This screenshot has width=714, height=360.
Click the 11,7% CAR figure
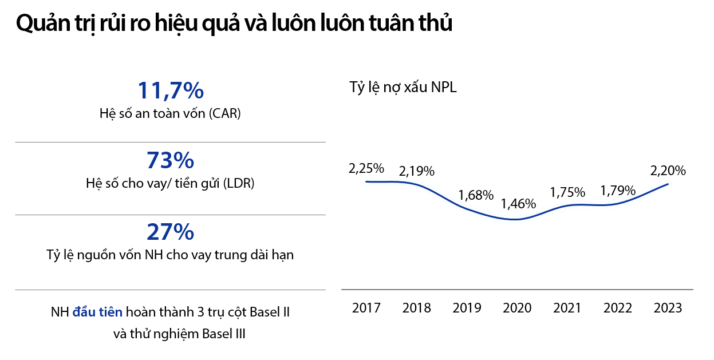pos(170,90)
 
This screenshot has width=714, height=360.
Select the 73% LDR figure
pos(170,161)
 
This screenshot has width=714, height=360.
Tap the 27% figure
pos(170,232)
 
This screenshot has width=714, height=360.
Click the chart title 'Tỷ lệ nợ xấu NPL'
pos(403,88)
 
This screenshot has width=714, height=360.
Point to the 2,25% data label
pos(366,169)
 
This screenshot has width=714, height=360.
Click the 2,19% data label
pos(417,171)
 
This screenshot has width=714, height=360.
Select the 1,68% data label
pos(476,195)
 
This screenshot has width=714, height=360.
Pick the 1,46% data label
pos(518,204)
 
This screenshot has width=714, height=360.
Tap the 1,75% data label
pos(567,192)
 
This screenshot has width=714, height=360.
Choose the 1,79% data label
pos(618,191)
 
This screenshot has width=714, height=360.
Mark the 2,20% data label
pos(668,171)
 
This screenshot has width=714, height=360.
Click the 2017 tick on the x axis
pos(366,308)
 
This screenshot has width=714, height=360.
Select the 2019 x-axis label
pos(467,308)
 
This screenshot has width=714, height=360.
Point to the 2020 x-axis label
pos(517,308)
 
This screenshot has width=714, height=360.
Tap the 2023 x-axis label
pos(668,308)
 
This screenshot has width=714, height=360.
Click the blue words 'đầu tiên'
pos(97,313)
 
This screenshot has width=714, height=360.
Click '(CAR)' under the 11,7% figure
pos(224,113)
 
